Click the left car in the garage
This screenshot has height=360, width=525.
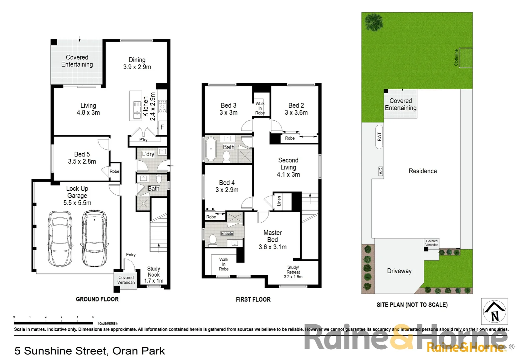(60, 238)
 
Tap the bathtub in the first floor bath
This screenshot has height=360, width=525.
(211, 149)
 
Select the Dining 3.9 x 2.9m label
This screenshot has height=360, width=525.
(137, 63)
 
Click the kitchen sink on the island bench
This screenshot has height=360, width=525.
(137, 110)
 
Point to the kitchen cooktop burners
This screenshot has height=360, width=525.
(162, 106)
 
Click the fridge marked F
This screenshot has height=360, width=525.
(162, 127)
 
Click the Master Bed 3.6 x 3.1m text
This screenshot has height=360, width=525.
(272, 240)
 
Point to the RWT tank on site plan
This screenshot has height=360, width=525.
(379, 136)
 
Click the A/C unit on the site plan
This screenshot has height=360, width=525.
(380, 171)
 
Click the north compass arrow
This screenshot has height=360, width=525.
(495, 311)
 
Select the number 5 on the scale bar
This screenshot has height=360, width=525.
(93, 317)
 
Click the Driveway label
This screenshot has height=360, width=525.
(399, 271)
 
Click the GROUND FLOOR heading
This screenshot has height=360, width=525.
(97, 299)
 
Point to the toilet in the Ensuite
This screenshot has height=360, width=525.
(212, 239)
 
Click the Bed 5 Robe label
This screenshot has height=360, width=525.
(114, 171)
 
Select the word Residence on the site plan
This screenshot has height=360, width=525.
(422, 171)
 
